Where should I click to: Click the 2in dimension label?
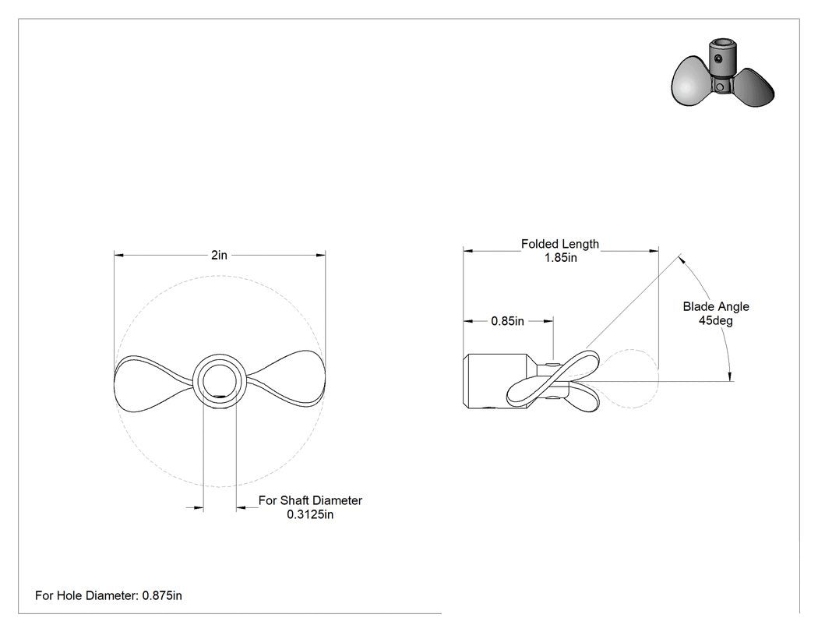(x=219, y=255)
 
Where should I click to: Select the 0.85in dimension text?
(x=508, y=322)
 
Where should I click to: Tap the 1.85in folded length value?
(x=561, y=258)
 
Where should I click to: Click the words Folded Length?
(x=560, y=244)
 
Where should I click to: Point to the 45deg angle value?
(x=716, y=320)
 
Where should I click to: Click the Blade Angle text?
(x=716, y=307)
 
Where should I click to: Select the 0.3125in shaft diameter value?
(x=310, y=514)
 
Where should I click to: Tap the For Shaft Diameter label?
(x=310, y=500)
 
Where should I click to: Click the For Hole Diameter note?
(x=108, y=595)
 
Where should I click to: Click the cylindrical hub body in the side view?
(x=495, y=381)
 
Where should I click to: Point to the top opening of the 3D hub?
(x=721, y=43)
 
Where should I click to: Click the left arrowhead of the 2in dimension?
(x=119, y=255)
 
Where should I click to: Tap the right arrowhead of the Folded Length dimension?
(x=654, y=251)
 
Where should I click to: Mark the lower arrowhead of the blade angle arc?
(x=731, y=376)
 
